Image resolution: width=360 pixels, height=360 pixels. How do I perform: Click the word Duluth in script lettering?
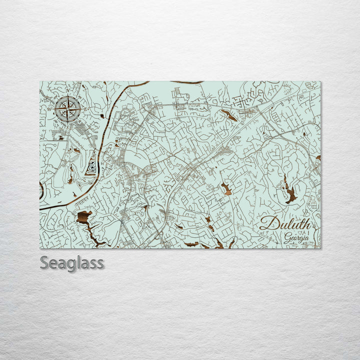(285, 223)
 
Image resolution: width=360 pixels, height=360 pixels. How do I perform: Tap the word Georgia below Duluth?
(296, 238)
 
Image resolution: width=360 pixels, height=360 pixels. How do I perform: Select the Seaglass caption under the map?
(72, 263)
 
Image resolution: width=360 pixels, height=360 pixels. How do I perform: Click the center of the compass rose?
(68, 108)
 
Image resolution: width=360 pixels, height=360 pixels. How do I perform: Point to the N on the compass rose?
(68, 91)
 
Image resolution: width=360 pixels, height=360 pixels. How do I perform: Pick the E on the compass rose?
(85, 108)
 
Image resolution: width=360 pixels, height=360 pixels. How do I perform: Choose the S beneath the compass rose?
(68, 126)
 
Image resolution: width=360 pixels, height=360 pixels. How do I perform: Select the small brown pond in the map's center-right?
(226, 188)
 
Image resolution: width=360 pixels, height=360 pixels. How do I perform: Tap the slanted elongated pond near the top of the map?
(230, 116)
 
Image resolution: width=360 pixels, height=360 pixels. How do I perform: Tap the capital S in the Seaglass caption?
(45, 263)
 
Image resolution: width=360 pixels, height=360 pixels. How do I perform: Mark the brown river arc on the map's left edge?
(41, 190)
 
